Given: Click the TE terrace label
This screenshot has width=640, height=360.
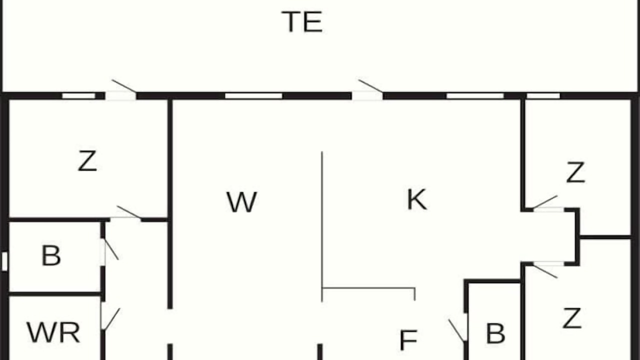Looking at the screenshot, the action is point(302,22).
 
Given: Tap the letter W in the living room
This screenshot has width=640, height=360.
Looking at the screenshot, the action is point(241,202).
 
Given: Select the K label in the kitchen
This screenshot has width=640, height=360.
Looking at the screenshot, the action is point(417,199).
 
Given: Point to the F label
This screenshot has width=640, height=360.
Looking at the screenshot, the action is point(408,340).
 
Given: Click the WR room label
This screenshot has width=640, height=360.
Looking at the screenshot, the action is point(53,332).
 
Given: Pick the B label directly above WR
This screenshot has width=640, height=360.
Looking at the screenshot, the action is point(51,255).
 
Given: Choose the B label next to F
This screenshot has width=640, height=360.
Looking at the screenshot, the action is point(495,333).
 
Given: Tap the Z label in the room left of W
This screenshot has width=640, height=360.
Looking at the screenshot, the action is point(87,161).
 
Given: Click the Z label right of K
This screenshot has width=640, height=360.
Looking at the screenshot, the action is point(575,172).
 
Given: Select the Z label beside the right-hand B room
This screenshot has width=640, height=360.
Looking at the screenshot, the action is point(572,318).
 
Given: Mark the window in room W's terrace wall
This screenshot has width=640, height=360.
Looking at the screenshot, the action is point(253,95).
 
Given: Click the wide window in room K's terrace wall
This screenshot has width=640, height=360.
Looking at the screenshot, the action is point(475,95).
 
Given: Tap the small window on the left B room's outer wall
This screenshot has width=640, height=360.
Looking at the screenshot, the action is point(4,261).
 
